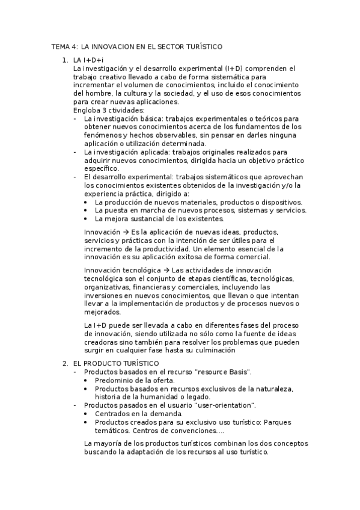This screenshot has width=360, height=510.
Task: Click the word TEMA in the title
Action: tap(60, 46)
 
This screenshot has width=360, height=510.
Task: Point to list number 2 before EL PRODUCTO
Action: tap(66, 364)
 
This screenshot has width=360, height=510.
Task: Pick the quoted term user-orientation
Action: tap(222, 405)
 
